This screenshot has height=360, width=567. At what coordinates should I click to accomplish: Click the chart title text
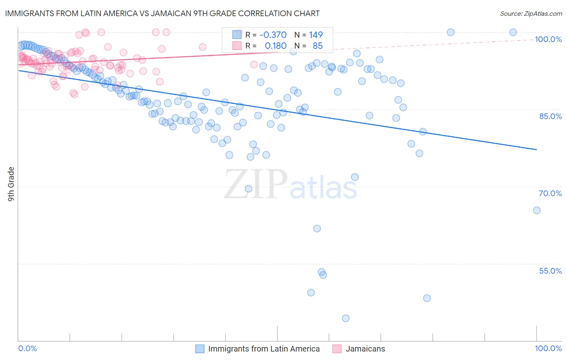click(163, 13)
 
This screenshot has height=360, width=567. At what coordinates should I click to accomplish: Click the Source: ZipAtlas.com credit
click(531, 13)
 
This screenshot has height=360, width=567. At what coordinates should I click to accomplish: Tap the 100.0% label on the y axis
click(548, 39)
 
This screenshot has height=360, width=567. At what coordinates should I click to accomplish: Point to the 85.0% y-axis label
click(550, 116)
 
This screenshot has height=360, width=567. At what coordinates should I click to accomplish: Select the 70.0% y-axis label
click(550, 193)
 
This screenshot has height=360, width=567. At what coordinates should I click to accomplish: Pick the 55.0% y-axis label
click(550, 271)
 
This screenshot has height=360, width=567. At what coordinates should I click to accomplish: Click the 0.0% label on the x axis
click(28, 348)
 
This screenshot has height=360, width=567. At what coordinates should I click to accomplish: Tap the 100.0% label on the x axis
click(548, 348)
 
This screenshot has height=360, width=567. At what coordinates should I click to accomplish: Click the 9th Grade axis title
click(11, 184)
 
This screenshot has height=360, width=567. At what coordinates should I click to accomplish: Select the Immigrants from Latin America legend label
click(264, 349)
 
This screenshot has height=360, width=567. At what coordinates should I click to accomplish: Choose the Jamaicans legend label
click(365, 349)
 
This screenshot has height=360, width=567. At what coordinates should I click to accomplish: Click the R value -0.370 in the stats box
click(273, 35)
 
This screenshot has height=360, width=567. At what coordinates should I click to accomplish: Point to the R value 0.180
click(275, 46)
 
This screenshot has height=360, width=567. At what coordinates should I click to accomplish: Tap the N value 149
click(316, 35)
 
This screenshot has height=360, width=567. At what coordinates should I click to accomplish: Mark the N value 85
click(317, 46)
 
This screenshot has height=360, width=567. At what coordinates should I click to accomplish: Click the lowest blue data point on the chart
click(346, 318)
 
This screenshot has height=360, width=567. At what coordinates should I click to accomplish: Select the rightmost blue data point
click(537, 210)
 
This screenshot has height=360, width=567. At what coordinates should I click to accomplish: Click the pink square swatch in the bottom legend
click(337, 349)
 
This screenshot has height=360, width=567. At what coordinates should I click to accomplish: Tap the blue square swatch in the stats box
click(237, 35)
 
